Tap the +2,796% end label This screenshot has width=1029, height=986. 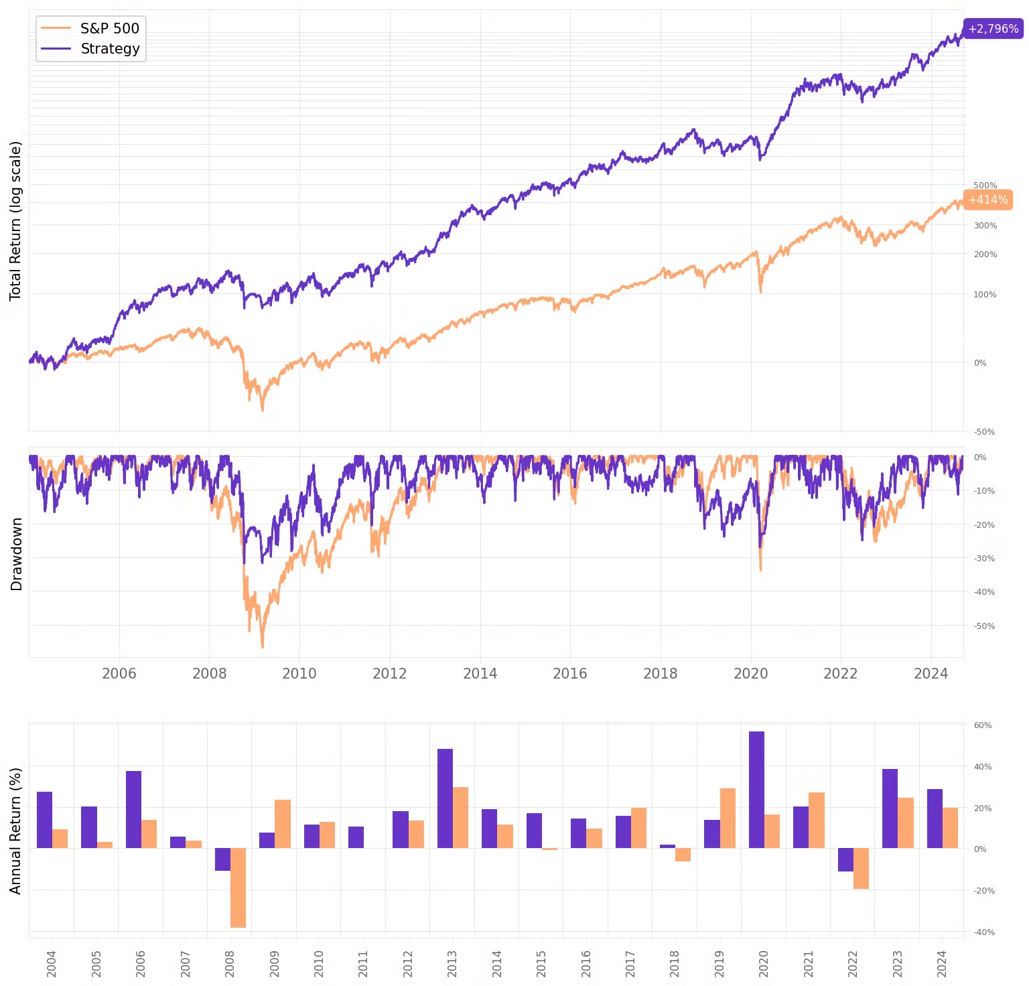[993, 29]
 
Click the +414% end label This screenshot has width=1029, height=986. [987, 200]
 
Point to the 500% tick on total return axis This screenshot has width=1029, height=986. [985, 186]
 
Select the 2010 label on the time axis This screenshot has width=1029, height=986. [299, 674]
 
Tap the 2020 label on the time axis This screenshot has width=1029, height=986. [750, 674]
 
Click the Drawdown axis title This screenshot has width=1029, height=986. [17, 554]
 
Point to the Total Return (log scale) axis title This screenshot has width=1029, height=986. [15, 221]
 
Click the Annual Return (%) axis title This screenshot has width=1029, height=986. [15, 831]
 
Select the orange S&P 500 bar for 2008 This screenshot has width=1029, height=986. [238, 888]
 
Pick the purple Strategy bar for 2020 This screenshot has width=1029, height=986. [756, 790]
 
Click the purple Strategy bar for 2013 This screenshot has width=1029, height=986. [445, 798]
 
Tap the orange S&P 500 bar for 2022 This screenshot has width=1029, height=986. [861, 869]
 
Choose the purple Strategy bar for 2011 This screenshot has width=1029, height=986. [356, 837]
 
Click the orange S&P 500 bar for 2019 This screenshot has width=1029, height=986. [728, 819]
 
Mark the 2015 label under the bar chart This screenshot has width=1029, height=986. [541, 963]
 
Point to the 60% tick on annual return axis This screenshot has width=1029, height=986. [983, 725]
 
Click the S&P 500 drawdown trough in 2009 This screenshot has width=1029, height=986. [262, 646]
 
